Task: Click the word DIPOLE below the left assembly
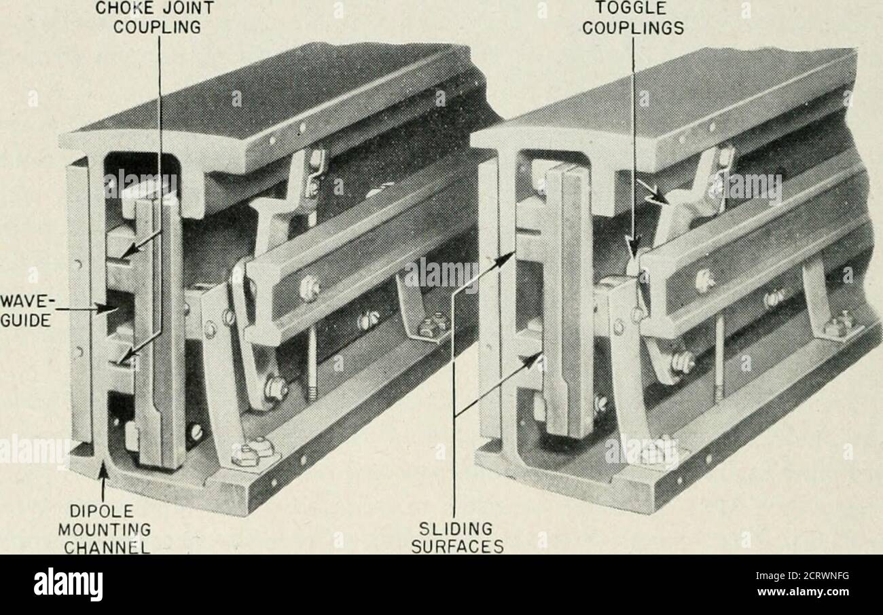pos(103,512)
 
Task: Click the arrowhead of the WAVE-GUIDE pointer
pos(109,309)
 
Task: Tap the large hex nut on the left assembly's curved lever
pos(276,388)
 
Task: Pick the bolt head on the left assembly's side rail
pos(308,288)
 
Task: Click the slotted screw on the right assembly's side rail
pos(702,279)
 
